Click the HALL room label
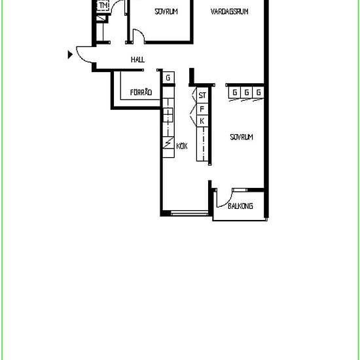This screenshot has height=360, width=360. pos(137,60)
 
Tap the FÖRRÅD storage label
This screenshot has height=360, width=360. pos(141,93)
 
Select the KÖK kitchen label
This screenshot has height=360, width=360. pos(182,147)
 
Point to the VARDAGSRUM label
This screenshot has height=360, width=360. pos(229,11)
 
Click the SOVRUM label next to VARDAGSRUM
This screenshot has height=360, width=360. pos(166,11)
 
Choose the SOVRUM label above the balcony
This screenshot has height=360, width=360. pos(241,137)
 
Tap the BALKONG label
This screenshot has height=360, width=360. pos(240,206)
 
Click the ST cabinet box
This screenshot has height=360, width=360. pos(203,96)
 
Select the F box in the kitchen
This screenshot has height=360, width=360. pos(202,109)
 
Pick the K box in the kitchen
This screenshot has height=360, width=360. pos(202,121)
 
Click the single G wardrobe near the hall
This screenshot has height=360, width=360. pos(168,79)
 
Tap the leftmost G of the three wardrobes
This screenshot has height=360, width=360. pos(234,92)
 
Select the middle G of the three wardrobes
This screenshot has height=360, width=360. pos(246,92)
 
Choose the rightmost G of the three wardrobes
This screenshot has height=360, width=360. pos(259,92)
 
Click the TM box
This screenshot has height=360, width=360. pos(103,6)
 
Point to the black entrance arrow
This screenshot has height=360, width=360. pos(71,55)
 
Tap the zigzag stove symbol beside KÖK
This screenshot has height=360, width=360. pos(168,142)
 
